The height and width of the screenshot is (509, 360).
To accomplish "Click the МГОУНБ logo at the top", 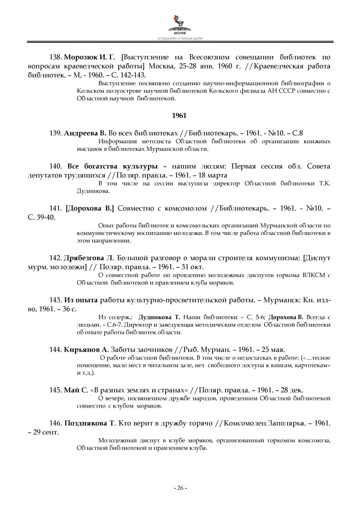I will pyautogui.click(x=180, y=23).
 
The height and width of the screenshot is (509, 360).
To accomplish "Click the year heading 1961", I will pyautogui.click(x=179, y=116).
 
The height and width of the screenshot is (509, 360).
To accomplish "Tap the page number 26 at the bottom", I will pyautogui.click(x=180, y=488).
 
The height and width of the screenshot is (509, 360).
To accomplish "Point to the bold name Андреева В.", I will pyautogui.click(x=85, y=133).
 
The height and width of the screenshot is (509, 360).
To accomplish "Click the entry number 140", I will pyautogui.click(x=56, y=166).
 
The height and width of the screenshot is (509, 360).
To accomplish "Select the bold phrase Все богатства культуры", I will pyautogui.click(x=112, y=166).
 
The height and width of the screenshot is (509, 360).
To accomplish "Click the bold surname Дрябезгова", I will pyautogui.click(x=84, y=258).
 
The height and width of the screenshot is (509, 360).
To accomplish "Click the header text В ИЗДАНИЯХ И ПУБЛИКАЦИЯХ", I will pyautogui.click(x=180, y=39).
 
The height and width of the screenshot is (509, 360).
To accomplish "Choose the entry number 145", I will pyautogui.click(x=56, y=390).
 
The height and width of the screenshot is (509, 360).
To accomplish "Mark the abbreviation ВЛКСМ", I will pyautogui.click(x=316, y=275).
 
